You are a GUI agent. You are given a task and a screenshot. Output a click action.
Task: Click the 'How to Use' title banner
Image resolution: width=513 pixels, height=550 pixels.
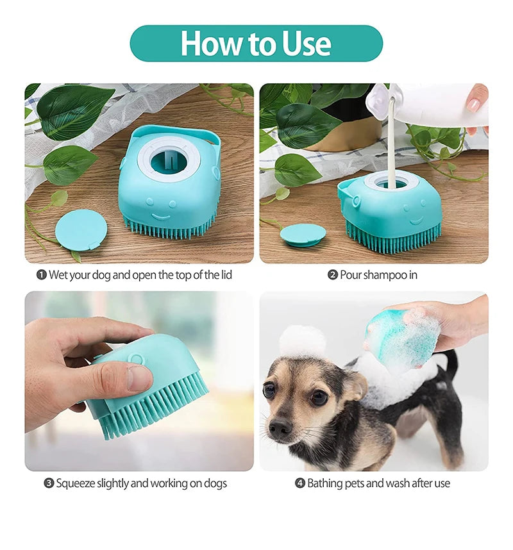click(x=256, y=44)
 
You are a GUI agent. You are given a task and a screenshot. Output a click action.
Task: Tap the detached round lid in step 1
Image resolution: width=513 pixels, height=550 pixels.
click(x=81, y=230)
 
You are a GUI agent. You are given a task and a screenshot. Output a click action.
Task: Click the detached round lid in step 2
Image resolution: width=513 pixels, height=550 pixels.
click(x=303, y=234)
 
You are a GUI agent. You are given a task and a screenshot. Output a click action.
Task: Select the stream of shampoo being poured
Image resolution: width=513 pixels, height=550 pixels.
click(x=391, y=147)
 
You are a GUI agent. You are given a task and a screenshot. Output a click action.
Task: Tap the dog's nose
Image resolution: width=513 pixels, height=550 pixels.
click(x=280, y=428)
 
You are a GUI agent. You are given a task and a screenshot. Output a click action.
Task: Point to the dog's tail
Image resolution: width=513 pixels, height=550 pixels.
click(x=452, y=362)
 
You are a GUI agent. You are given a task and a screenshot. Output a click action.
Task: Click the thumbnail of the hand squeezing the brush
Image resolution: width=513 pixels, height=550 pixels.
click(x=139, y=381)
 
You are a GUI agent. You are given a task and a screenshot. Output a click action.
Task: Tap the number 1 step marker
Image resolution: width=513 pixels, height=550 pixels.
click(x=42, y=275)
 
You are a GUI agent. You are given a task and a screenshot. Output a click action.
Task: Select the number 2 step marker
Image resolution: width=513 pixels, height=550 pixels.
click(x=333, y=275)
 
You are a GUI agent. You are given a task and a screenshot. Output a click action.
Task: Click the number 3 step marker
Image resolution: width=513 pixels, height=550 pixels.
click(x=49, y=483)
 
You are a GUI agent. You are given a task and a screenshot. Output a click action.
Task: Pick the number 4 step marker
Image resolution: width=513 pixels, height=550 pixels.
click(x=299, y=483)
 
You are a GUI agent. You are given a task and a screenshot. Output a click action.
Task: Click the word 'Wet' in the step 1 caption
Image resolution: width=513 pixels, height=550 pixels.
click(x=59, y=275)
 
